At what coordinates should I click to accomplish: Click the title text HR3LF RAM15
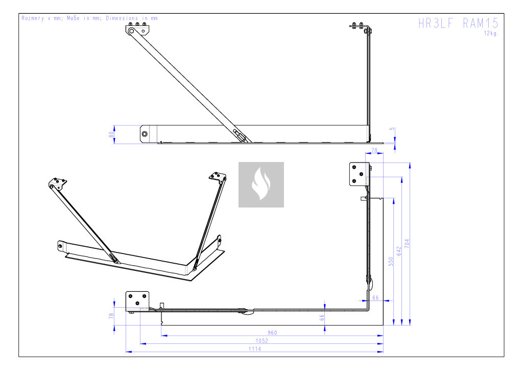pyautogui.click(x=458, y=23)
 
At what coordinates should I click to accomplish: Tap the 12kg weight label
pyautogui.click(x=490, y=33)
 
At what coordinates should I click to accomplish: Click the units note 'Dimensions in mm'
pyautogui.click(x=132, y=18)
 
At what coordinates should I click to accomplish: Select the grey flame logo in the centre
pyautogui.click(x=261, y=184)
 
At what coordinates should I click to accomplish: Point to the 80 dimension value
pyautogui.click(x=111, y=134)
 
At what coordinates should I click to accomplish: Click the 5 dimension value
pyautogui.click(x=392, y=129)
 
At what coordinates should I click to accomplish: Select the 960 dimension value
pyautogui.click(x=272, y=333)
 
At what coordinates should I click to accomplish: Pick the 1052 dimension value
pyautogui.click(x=262, y=341)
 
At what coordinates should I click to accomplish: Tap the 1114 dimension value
pyautogui.click(x=255, y=349)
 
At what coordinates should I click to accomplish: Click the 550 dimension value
pyautogui.click(x=391, y=261)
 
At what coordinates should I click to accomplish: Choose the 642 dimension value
pyautogui.click(x=399, y=251)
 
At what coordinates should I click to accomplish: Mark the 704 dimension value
pyautogui.click(x=407, y=243)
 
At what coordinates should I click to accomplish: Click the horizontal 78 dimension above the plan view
pyautogui.click(x=374, y=150)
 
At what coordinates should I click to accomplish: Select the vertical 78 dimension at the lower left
pyautogui.click(x=111, y=316)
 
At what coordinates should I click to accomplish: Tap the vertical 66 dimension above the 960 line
pyautogui.click(x=322, y=317)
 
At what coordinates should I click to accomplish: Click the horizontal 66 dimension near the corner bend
pyautogui.click(x=375, y=297)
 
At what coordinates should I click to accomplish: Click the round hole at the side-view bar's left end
pyautogui.click(x=145, y=134)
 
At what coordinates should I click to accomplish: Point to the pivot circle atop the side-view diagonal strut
pyautogui.click(x=131, y=31)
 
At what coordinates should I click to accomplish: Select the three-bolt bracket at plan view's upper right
pyautogui.click(x=359, y=174)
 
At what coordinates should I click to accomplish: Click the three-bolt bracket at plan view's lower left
pyautogui.click(x=137, y=302)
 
